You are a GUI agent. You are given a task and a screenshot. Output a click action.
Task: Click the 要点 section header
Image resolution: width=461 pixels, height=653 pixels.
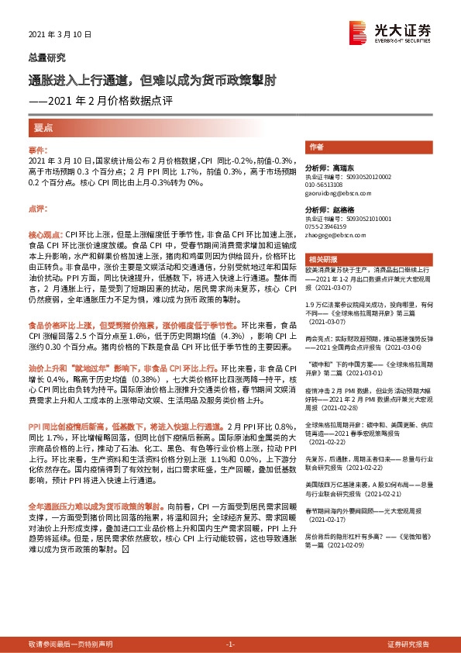point(43,126)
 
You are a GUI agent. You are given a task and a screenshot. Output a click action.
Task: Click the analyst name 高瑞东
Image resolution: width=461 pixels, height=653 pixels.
point(340,167)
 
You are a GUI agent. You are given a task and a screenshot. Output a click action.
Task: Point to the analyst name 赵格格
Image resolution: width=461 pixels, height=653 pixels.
point(340,209)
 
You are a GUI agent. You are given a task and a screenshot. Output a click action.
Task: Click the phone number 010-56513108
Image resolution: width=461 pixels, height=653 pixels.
point(325,185)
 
